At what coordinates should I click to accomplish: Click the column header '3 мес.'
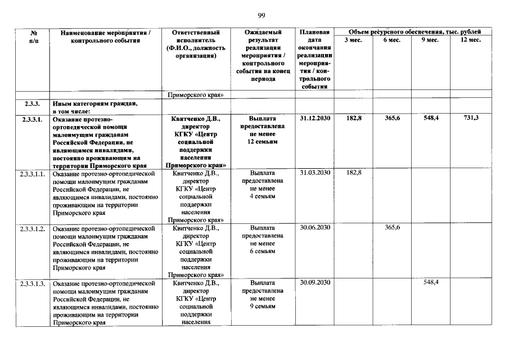pos(353,40)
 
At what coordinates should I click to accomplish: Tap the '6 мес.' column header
pos(392,40)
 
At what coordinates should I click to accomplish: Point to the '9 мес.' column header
pos(430,40)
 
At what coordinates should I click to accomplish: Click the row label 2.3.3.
pos(31,103)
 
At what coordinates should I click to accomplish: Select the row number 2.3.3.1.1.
pos(33,173)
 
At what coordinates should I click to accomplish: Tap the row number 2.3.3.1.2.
pos(33,228)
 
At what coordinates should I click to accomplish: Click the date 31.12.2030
pos(315,119)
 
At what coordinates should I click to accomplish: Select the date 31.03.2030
pos(315,173)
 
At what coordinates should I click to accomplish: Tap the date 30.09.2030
pos(315,282)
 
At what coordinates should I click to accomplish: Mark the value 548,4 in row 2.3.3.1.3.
pos(431,282)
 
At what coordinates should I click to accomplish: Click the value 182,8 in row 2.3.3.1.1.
pos(354,172)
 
